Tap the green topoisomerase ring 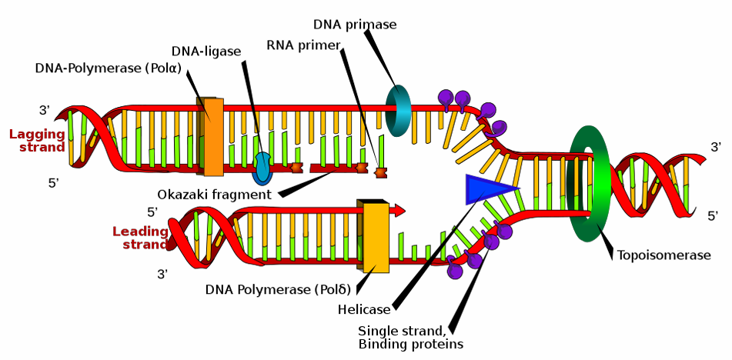click(576, 184)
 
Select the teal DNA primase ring click(392, 111)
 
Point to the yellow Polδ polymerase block click(373, 236)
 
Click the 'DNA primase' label click(355, 25)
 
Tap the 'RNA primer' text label click(304, 45)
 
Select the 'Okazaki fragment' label click(214, 194)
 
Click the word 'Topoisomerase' click(663, 255)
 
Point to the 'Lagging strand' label click(37, 141)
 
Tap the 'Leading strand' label click(141, 238)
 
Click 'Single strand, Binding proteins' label click(410, 338)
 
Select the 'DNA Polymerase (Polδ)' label click(278, 289)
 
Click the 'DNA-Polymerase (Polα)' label click(109, 68)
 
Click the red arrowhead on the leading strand click(398, 210)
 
